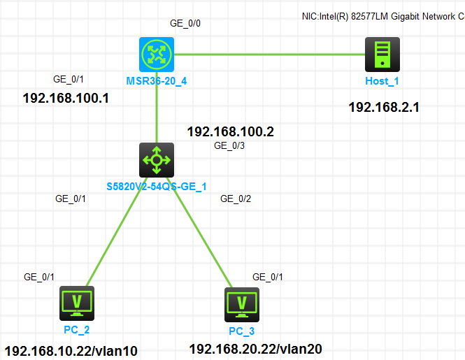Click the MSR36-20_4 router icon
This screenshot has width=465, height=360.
(x=157, y=54)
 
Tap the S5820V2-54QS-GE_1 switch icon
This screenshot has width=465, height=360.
(x=156, y=160)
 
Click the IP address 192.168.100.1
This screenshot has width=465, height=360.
(x=66, y=98)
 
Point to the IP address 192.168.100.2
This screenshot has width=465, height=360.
(x=230, y=131)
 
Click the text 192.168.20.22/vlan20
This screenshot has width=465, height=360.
(x=256, y=348)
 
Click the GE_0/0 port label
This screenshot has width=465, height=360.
(x=185, y=23)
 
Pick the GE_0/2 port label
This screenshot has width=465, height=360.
(x=236, y=199)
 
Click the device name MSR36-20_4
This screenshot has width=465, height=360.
(x=156, y=81)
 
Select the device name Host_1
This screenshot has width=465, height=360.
(x=382, y=81)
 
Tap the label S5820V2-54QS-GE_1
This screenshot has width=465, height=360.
(x=156, y=187)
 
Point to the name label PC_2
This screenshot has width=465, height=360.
(x=76, y=329)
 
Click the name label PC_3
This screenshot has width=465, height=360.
(x=242, y=330)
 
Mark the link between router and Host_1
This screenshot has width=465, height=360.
(x=269, y=54)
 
